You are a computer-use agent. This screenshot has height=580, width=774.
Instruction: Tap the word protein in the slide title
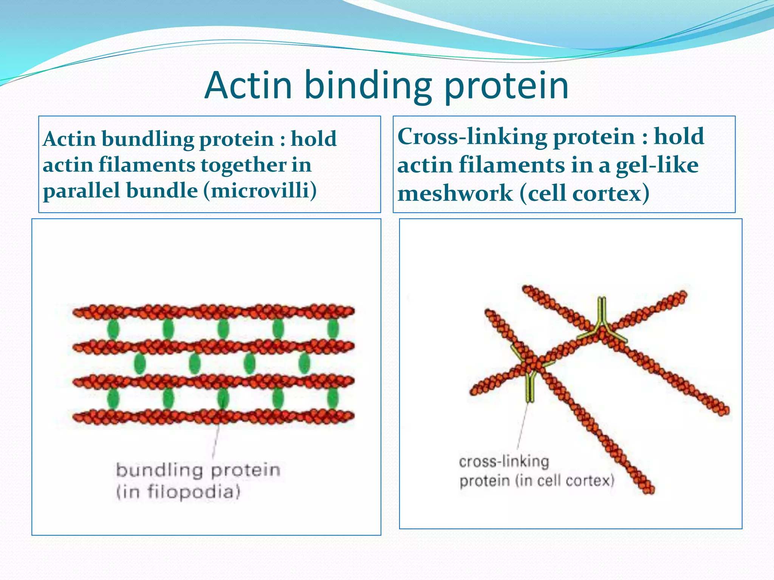point(506,88)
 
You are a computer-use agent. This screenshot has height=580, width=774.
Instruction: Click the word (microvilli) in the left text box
point(260,191)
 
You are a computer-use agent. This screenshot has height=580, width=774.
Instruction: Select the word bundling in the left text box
point(147,139)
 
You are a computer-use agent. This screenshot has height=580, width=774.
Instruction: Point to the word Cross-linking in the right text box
point(472,136)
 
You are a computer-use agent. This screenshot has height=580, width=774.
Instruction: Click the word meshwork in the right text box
point(455,194)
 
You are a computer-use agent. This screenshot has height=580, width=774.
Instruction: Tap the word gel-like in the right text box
point(657,166)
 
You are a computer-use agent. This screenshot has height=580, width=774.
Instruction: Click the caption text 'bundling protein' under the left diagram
point(198,470)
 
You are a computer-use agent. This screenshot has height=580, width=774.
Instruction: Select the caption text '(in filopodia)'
point(178,492)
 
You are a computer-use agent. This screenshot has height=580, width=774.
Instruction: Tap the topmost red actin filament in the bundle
point(214,312)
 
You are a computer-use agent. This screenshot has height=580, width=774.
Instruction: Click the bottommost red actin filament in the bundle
point(214,417)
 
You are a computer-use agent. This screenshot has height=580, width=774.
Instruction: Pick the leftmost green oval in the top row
point(113,329)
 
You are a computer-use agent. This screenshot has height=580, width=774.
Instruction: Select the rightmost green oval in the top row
point(333,329)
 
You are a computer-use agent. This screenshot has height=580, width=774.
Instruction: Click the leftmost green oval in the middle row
point(140,364)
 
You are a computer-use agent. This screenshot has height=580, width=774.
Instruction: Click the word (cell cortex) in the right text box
point(584,194)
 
